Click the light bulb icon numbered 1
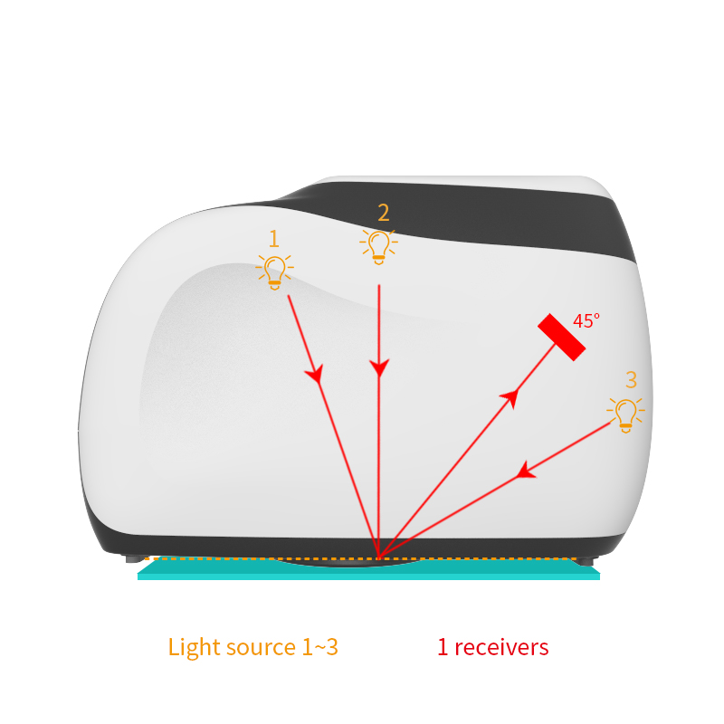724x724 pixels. pos(275,272)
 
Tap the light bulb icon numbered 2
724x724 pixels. pos(378,247)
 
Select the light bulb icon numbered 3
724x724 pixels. pos(625,415)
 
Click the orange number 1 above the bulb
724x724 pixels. pos(274,239)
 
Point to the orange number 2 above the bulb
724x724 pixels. pos(383,213)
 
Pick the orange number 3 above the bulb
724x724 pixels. pos(631,380)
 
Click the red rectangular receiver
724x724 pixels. pos(561,337)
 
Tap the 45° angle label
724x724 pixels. pos(586,321)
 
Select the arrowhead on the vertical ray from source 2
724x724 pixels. pos(379,367)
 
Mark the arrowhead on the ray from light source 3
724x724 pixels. pos(526,471)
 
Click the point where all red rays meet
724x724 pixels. pos(378,557)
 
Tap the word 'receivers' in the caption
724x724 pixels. pos(502,647)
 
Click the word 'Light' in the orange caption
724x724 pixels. pos(189,647)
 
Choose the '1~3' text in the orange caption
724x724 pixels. pos(320,647)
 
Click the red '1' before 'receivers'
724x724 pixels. pos(443,647)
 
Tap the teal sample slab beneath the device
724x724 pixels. pos(368,570)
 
